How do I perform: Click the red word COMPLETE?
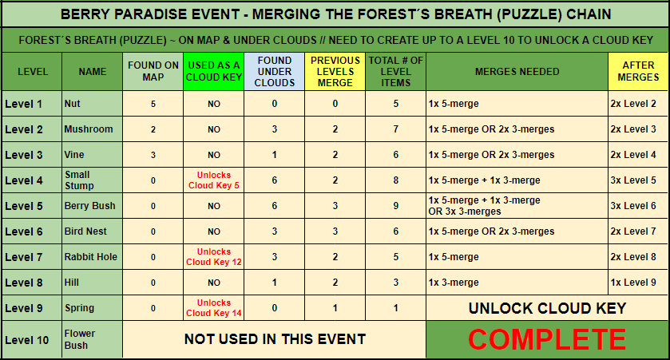[x=547, y=339]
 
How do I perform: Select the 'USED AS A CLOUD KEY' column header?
[x=214, y=71]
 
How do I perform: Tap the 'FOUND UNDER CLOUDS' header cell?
[x=275, y=71]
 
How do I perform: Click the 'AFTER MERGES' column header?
[x=638, y=71]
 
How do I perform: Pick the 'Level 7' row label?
[x=24, y=257]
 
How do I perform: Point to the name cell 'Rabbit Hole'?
[x=90, y=257]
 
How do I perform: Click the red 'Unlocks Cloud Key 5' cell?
[x=214, y=180]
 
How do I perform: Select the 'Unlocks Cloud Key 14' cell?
[x=214, y=308]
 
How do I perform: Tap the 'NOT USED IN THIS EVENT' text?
[x=275, y=339]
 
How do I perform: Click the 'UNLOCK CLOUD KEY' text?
[x=547, y=308]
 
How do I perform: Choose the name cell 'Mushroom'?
[x=89, y=129]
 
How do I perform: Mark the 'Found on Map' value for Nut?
[x=153, y=104]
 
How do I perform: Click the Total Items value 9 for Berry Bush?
[x=395, y=206]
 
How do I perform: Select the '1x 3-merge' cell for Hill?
[x=454, y=283]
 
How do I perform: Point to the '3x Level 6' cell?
[x=632, y=206]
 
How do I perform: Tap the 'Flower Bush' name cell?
[x=80, y=339]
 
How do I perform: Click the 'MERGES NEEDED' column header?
[x=517, y=71]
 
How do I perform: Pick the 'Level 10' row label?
[x=27, y=340]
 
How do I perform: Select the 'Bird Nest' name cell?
[x=85, y=231]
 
